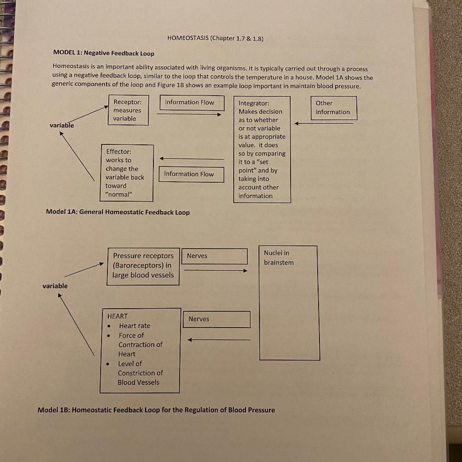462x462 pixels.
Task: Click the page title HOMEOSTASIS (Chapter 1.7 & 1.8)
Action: pos(215,38)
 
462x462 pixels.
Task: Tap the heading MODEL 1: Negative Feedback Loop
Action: pos(104,53)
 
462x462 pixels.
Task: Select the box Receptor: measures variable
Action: pos(128,110)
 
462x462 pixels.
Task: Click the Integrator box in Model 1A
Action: pos(262,149)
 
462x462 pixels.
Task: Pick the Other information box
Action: pos(333,107)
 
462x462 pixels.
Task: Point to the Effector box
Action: pos(127,173)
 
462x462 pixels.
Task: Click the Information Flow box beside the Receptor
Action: pos(192,102)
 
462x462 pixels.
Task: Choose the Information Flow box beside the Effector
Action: pos(191,174)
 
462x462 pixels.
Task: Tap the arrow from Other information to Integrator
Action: pos(324,123)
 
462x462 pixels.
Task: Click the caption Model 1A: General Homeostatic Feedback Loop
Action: pos(118,212)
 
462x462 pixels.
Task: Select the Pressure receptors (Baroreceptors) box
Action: pos(143,266)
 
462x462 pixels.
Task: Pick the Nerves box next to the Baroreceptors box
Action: pos(217,256)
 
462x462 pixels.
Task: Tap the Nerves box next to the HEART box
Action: pos(217,319)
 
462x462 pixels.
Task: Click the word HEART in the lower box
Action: pos(118,316)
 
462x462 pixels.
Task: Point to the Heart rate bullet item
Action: pos(134,326)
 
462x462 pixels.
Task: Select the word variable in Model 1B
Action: pos(55,286)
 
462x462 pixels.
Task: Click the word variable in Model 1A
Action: pos(62,125)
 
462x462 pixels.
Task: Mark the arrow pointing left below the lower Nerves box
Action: pos(219,340)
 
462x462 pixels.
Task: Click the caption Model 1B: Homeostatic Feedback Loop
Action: pos(156,410)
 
